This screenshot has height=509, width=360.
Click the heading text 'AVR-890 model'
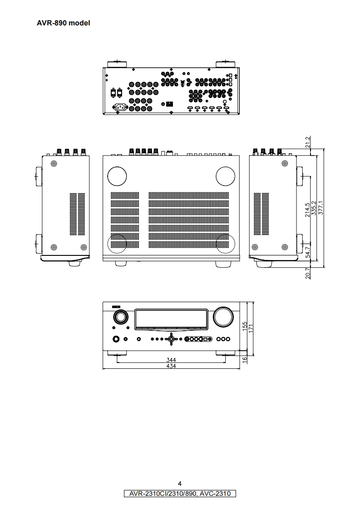pyautogui.click(x=63, y=23)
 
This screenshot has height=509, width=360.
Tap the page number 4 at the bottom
pyautogui.click(x=180, y=483)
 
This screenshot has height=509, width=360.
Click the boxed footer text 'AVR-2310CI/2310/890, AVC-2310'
pyautogui.click(x=180, y=493)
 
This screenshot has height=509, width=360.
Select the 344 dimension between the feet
pyautogui.click(x=171, y=359)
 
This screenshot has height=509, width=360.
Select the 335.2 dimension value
pyautogui.click(x=315, y=209)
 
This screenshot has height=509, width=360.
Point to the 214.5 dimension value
pyautogui.click(x=308, y=210)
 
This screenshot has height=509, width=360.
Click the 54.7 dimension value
pyautogui.click(x=308, y=252)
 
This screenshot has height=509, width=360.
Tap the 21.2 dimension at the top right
pyautogui.click(x=308, y=142)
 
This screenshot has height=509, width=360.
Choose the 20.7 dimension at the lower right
pyautogui.click(x=308, y=274)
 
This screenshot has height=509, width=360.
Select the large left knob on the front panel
pyautogui.click(x=120, y=317)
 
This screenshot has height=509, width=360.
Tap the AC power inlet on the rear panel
pyautogui.click(x=121, y=108)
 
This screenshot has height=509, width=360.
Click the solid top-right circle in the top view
pyautogui.click(x=226, y=176)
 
